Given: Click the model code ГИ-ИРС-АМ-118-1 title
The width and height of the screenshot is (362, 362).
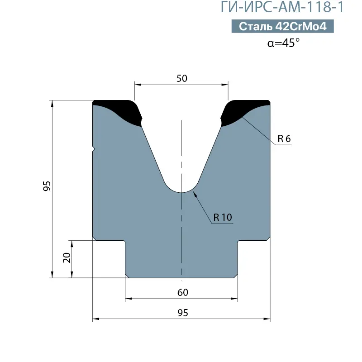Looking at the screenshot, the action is click(x=282, y=7).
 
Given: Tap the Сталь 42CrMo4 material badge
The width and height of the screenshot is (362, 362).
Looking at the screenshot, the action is click(x=282, y=26).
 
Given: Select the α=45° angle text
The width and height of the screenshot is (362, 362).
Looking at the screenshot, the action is click(x=283, y=43).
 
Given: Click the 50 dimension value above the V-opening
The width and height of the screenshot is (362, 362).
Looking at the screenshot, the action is click(x=182, y=78).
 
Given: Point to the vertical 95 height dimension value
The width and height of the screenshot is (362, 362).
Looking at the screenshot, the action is click(x=47, y=186).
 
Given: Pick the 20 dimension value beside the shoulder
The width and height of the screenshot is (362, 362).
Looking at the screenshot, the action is click(x=67, y=257).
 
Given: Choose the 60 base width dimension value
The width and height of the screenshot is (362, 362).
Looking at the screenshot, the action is click(x=183, y=292).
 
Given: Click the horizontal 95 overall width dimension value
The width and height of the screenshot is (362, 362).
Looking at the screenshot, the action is click(x=183, y=313).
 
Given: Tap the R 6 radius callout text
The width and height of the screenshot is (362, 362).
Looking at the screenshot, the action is click(x=284, y=139).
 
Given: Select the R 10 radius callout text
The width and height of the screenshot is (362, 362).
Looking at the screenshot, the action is click(x=223, y=217).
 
